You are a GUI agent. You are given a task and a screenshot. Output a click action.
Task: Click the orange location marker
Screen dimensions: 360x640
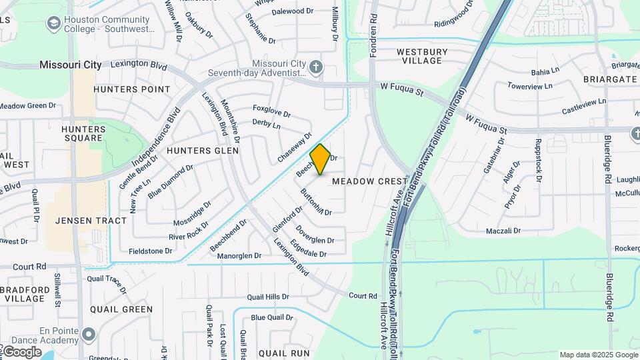pos(320,159)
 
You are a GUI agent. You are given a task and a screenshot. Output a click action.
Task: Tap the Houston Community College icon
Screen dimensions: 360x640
pos(53,23)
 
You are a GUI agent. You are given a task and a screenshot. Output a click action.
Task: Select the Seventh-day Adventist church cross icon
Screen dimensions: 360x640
pos(317,67)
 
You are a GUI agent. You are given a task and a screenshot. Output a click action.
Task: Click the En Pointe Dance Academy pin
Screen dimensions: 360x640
pos(89,333)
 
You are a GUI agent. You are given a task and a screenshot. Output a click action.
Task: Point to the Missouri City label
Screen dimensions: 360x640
pos(70,65)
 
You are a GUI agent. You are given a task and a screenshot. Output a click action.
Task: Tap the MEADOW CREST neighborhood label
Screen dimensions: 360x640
pos(369,181)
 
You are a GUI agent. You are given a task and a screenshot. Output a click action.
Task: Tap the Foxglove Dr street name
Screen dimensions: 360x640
pos(271,111)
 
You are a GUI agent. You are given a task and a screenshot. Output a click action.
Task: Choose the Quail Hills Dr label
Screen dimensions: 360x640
pos(268,297)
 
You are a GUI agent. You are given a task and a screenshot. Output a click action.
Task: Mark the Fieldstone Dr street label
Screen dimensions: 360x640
pos(150,251)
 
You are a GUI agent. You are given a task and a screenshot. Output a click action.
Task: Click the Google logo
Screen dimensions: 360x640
pos(21,352)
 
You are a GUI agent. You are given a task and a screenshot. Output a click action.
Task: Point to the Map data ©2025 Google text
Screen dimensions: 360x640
pos(599,355)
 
